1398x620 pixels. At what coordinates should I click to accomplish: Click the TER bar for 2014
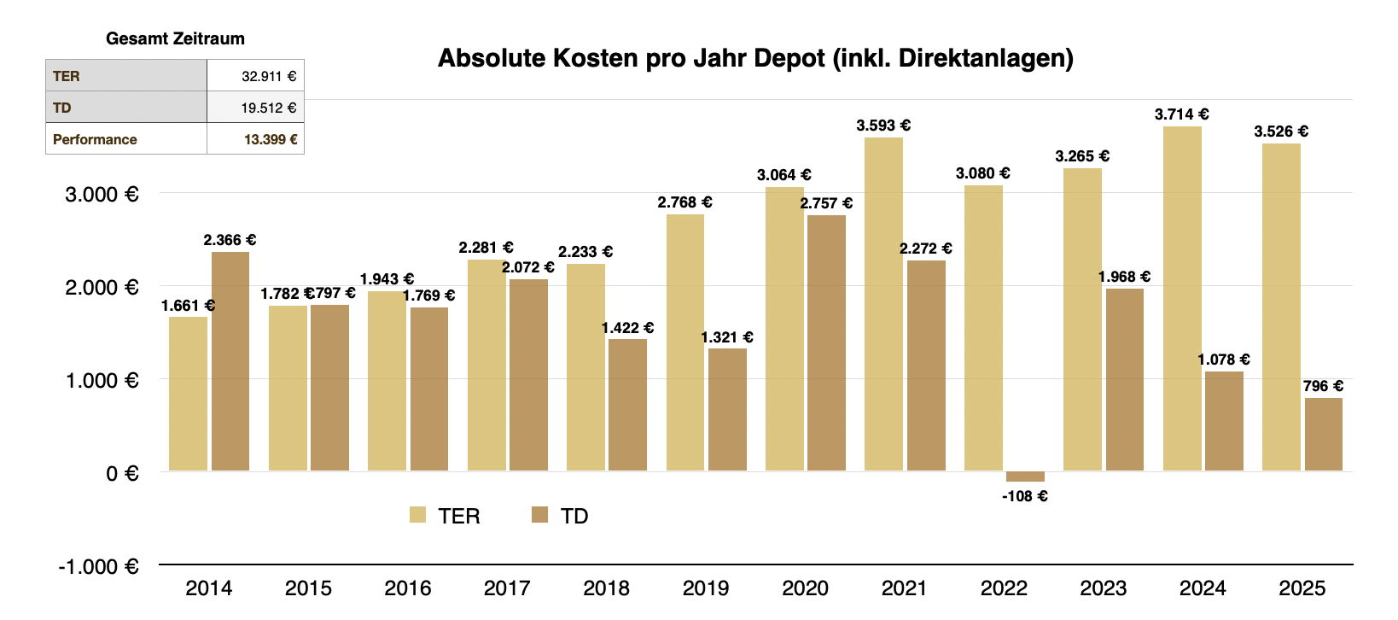click(x=188, y=394)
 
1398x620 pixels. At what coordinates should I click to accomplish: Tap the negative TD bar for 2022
click(x=1025, y=476)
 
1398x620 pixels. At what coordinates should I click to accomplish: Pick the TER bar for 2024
click(x=1182, y=299)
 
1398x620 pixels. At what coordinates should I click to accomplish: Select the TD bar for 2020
click(x=826, y=342)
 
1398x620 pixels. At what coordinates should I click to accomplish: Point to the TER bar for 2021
click(x=883, y=304)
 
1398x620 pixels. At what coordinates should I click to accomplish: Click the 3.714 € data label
click(x=1181, y=114)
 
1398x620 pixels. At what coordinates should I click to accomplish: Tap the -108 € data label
click(x=1025, y=496)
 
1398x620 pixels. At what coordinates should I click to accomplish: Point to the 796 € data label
click(x=1323, y=386)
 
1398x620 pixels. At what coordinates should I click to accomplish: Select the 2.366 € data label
click(x=230, y=240)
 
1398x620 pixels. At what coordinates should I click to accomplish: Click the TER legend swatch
click(x=417, y=515)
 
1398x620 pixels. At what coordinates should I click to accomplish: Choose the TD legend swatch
click(x=539, y=515)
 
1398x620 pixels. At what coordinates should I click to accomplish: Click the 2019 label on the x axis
click(x=706, y=588)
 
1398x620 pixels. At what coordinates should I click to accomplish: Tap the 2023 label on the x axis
click(x=1103, y=588)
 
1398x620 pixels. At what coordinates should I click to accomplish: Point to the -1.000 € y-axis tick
click(x=98, y=567)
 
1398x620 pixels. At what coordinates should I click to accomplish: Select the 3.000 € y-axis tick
click(x=102, y=195)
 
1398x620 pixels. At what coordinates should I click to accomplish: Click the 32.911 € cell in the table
click(x=268, y=76)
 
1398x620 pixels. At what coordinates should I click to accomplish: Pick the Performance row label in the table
click(x=95, y=139)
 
